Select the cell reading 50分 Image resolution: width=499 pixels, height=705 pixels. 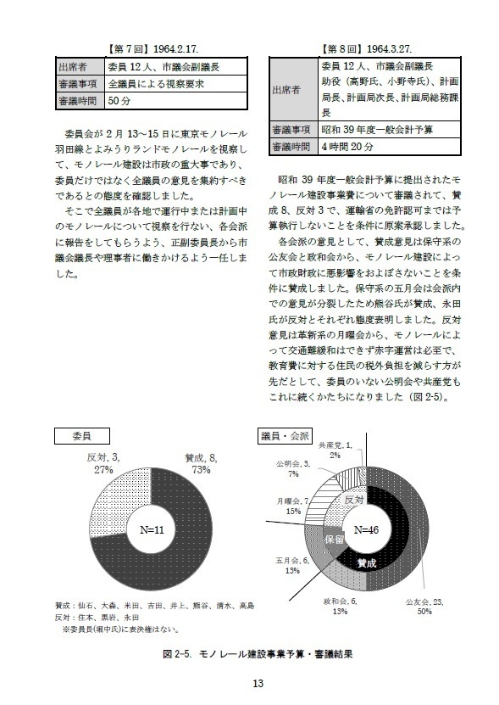pyautogui.click(x=119, y=101)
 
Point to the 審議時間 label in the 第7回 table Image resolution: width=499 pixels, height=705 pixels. pyautogui.click(x=80, y=101)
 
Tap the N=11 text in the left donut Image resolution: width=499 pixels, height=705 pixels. pyautogui.click(x=149, y=530)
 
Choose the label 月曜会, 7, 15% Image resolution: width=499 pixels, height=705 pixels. pyautogui.click(x=288, y=506)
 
